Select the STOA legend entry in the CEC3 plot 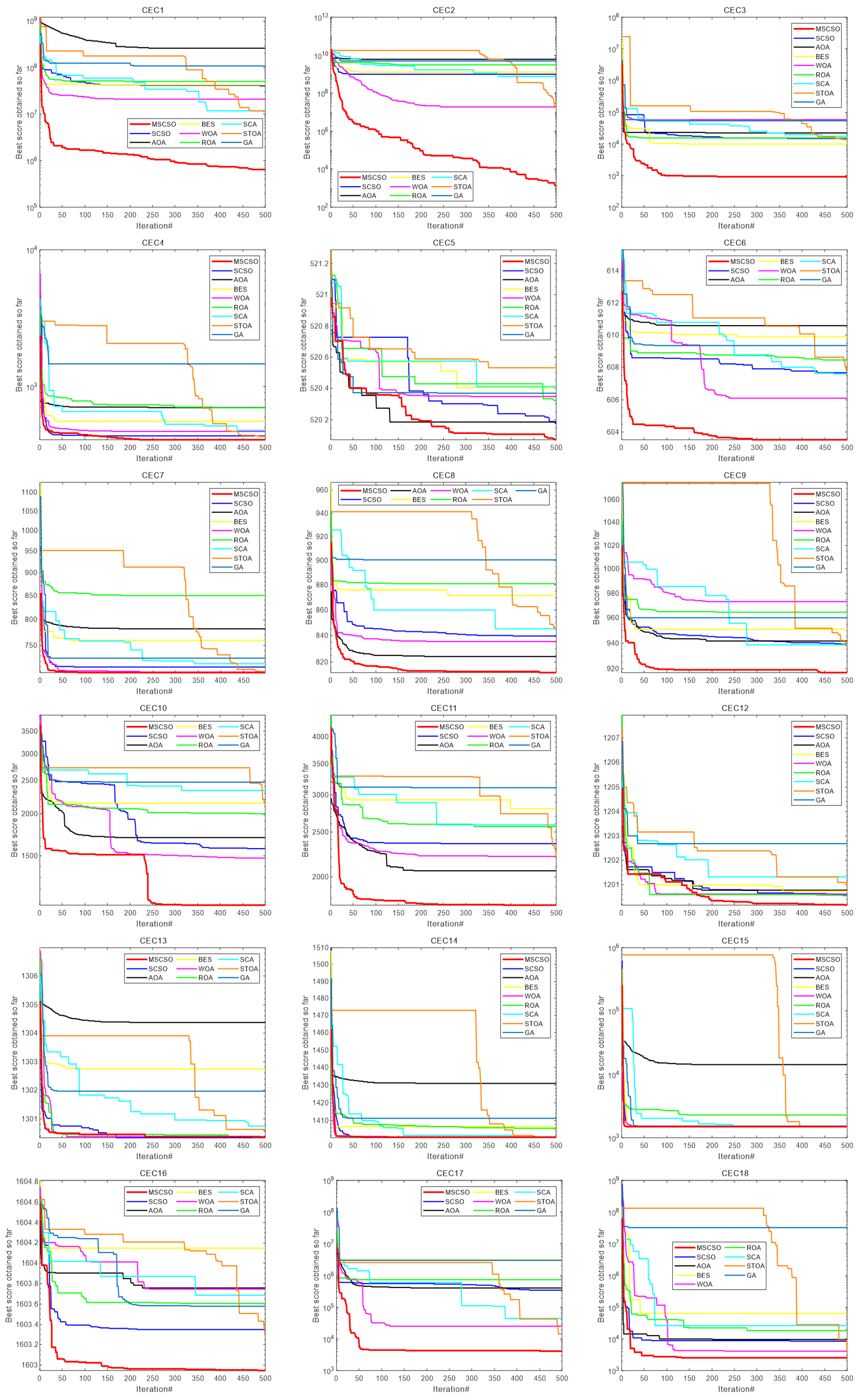click(824, 93)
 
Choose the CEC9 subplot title click(734, 475)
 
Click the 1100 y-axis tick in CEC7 click(29, 493)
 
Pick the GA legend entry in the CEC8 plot click(542, 491)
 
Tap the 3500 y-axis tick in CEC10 click(29, 731)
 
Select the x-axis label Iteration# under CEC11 click(445, 924)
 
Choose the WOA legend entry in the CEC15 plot click(823, 996)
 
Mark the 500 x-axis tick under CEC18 click(847, 1378)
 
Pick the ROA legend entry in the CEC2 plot click(418, 196)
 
